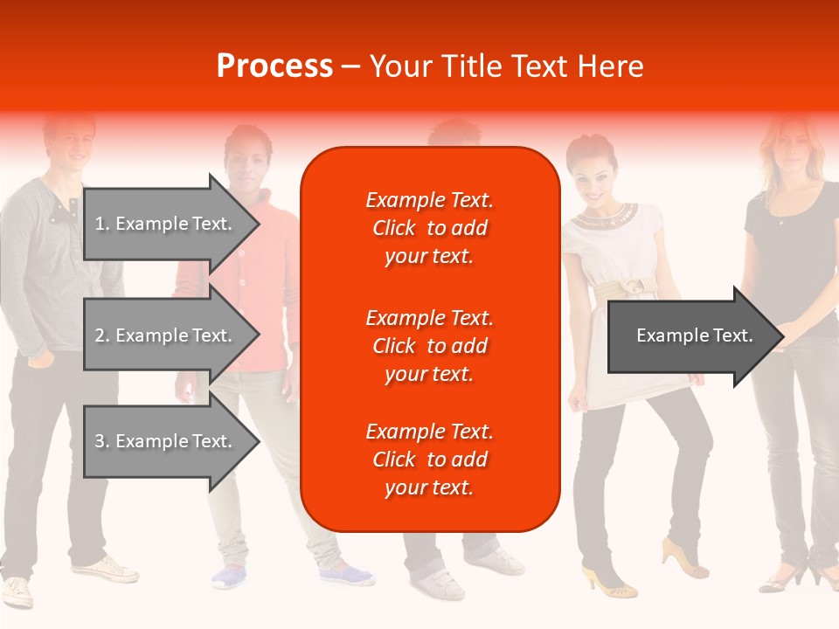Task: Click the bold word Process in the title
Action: click(274, 66)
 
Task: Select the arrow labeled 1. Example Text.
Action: click(166, 224)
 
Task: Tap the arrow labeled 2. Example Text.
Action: click(166, 335)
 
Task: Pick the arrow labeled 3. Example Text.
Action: click(166, 441)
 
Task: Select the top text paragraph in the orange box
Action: click(429, 228)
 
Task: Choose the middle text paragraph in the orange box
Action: click(429, 346)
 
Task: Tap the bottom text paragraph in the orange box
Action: click(429, 460)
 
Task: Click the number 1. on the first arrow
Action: click(102, 224)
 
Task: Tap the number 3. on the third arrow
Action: click(102, 441)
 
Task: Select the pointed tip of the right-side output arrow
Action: click(780, 336)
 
